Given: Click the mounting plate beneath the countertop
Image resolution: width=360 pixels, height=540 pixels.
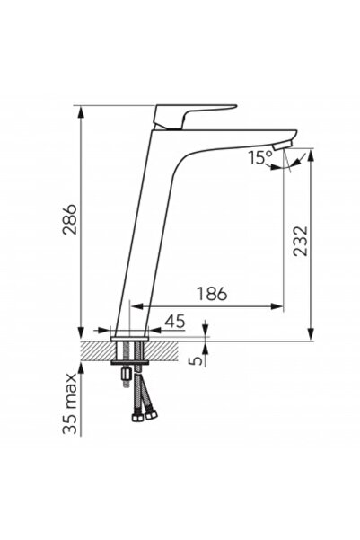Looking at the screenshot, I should pyautogui.click(x=131, y=361).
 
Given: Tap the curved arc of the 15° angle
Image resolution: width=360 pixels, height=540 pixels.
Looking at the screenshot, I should pyautogui.click(x=290, y=164).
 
